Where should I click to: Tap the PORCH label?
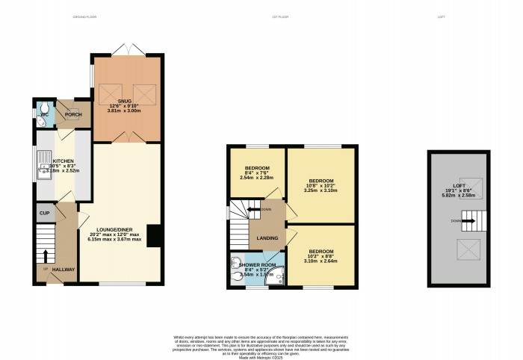(x=73, y=115)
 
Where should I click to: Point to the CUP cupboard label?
(x=44, y=214)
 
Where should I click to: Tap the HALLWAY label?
(x=64, y=270)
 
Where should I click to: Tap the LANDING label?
(x=267, y=239)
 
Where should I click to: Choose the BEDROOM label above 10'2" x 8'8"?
(x=321, y=251)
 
